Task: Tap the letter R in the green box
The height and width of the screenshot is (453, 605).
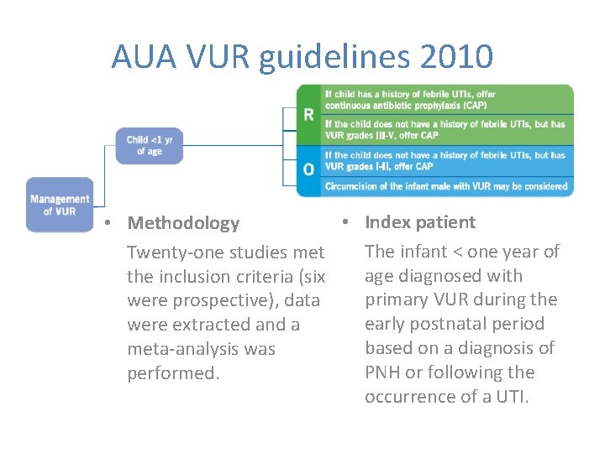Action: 308,113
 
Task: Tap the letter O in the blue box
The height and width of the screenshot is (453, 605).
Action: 308,169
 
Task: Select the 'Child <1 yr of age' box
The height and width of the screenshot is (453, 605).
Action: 149,145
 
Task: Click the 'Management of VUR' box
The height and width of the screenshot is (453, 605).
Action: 60,205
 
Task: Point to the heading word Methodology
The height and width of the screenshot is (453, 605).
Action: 183,223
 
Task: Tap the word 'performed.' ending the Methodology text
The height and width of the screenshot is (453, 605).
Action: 173,373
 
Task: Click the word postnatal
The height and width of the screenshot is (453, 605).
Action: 445,324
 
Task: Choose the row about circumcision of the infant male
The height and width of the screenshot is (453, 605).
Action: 446,186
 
